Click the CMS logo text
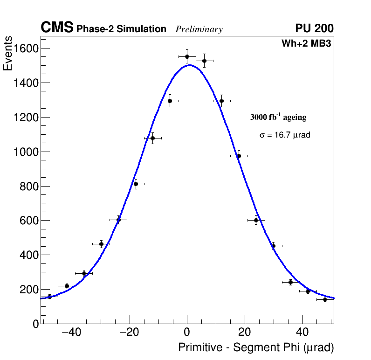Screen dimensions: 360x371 57,28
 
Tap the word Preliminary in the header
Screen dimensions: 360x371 199,29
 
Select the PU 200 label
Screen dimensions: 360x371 314,28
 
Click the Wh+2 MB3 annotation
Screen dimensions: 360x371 306,43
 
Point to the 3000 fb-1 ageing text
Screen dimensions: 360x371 278,117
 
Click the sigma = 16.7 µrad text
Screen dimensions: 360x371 285,135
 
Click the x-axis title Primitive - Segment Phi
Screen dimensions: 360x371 256,348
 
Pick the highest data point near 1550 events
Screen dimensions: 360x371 187,56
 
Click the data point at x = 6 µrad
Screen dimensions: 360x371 204,61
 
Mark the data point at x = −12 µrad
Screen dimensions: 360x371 152,138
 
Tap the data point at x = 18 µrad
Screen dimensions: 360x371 239,156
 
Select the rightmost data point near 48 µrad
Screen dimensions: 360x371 325,299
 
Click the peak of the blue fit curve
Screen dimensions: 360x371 189,65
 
